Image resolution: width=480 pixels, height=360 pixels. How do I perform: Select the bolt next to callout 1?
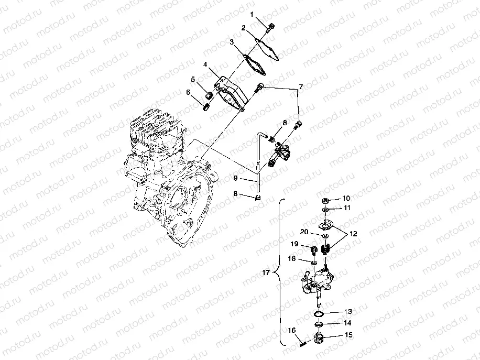click(270, 26)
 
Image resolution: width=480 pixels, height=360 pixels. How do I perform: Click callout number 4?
click(206, 65)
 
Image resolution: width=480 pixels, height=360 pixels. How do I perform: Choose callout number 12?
click(352, 234)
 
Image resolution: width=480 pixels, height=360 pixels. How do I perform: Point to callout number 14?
click(347, 323)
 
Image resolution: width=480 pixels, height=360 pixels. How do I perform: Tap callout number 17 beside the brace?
click(266, 272)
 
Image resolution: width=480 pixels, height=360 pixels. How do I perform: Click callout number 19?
click(295, 244)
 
